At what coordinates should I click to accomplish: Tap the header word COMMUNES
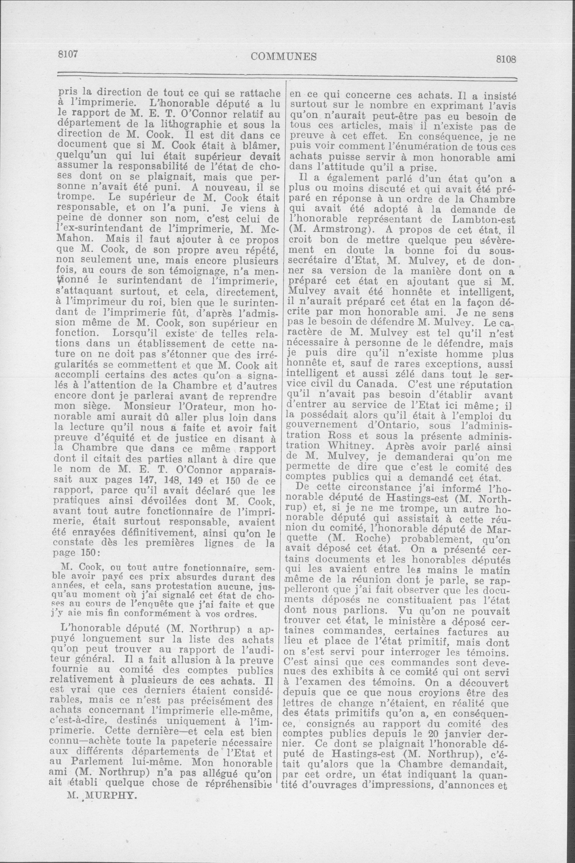pos(284,56)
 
